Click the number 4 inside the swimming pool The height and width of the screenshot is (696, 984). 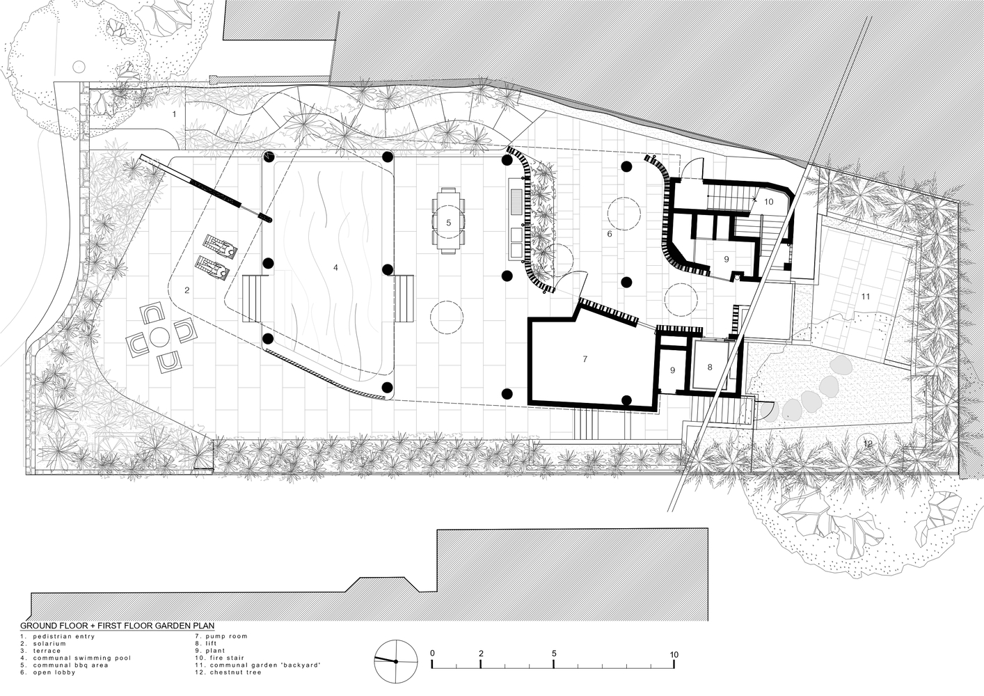(335, 267)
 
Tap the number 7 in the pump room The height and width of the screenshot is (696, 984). (585, 359)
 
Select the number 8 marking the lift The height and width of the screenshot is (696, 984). (710, 367)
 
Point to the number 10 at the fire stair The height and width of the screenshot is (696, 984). (768, 202)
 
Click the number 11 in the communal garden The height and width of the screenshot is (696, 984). (865, 296)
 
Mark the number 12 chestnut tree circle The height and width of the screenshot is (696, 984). (868, 443)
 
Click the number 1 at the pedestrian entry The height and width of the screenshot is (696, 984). (174, 114)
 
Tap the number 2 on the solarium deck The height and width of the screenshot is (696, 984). (187, 290)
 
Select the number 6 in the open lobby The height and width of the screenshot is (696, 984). (610, 234)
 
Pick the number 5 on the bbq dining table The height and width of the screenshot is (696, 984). (449, 223)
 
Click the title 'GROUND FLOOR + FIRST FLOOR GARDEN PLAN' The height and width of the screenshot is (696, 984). (118, 626)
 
